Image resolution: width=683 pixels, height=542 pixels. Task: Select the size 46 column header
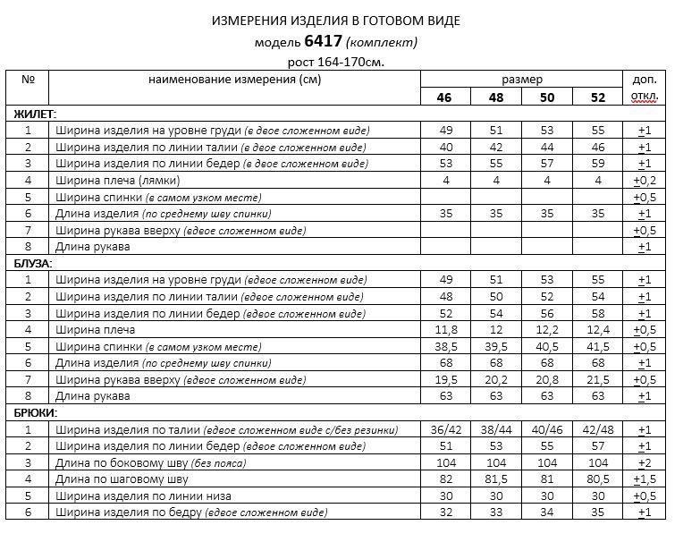[443, 97]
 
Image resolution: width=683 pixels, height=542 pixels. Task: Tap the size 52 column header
[598, 97]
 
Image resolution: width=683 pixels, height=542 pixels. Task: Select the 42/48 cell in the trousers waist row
[598, 429]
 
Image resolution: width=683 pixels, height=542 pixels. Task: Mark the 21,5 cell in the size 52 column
[598, 379]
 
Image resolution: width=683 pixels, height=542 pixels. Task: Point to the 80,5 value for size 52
[598, 479]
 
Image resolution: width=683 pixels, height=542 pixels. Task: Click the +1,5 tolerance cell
[645, 479]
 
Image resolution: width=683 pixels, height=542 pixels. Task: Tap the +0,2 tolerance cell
[645, 181]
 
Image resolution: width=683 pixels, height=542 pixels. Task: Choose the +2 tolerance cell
[645, 462]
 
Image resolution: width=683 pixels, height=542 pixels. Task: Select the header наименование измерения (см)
[235, 80]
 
